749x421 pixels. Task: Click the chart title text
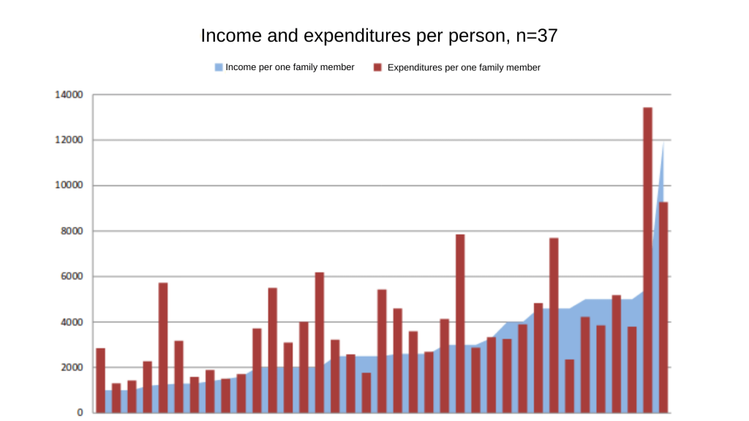(379, 35)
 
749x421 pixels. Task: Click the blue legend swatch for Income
(218, 67)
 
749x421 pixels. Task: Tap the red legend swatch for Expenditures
(377, 67)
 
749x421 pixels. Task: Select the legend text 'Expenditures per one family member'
(464, 67)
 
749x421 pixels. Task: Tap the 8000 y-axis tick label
(70, 231)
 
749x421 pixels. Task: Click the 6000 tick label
(70, 276)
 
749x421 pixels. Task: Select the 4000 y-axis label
(70, 322)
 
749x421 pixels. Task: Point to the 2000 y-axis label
(70, 368)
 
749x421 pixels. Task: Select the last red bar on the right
(663, 307)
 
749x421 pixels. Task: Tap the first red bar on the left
(100, 380)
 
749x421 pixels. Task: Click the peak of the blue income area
(663, 143)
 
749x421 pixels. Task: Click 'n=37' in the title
(537, 35)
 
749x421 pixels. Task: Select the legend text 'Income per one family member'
(290, 67)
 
